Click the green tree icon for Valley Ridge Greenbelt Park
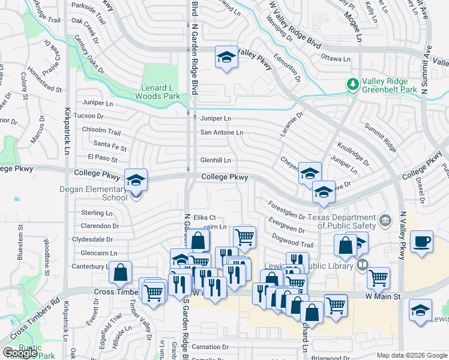point(353,84)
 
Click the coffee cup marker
point(421,241)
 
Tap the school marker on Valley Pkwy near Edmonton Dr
point(226,58)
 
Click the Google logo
point(19,353)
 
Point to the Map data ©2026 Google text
point(412,355)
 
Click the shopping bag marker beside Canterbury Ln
point(121,272)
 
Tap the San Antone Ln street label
point(221,132)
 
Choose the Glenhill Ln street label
point(215,160)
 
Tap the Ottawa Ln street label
point(336,59)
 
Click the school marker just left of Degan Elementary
point(136,179)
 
